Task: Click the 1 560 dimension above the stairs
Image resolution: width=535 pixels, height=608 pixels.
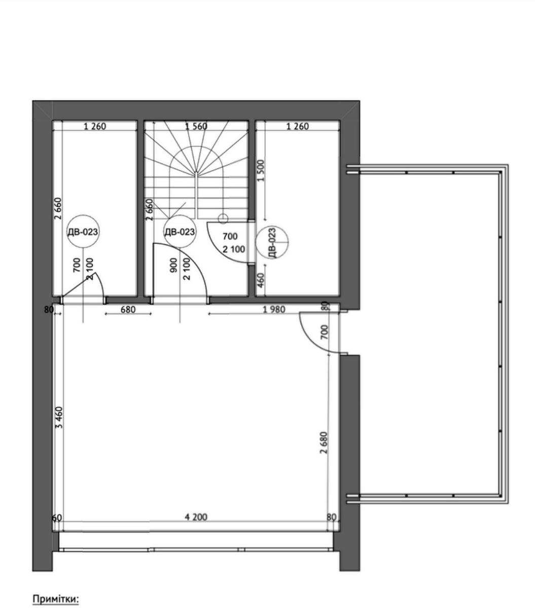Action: click(x=196, y=126)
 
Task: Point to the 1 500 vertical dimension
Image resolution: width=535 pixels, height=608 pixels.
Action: click(x=261, y=170)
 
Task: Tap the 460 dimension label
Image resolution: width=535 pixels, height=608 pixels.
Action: click(x=261, y=280)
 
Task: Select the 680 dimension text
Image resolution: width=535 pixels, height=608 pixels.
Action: click(x=128, y=310)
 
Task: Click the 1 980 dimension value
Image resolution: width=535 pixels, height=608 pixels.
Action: click(x=274, y=310)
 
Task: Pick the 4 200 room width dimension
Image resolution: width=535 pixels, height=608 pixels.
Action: click(x=196, y=517)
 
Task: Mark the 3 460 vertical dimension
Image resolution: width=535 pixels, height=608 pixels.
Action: click(x=59, y=417)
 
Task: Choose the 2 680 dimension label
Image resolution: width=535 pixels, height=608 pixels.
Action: click(x=324, y=443)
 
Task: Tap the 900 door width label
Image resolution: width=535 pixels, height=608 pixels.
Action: click(x=173, y=265)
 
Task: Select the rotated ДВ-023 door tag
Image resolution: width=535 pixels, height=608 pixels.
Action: click(x=272, y=243)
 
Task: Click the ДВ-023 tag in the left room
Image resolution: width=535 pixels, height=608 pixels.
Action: click(x=83, y=232)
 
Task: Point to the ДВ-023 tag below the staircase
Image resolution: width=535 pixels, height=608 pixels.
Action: click(x=180, y=232)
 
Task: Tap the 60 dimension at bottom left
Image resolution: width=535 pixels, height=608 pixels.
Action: click(x=57, y=518)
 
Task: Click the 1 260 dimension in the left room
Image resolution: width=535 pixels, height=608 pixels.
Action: click(x=95, y=126)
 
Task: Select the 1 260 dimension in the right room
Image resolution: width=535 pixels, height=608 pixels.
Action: click(x=297, y=126)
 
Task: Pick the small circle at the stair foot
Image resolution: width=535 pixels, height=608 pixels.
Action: click(x=223, y=218)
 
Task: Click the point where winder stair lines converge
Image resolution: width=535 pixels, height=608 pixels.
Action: click(x=196, y=173)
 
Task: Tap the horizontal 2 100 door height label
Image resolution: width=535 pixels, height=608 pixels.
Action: click(x=234, y=249)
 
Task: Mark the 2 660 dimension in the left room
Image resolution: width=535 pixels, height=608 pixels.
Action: click(x=58, y=209)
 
